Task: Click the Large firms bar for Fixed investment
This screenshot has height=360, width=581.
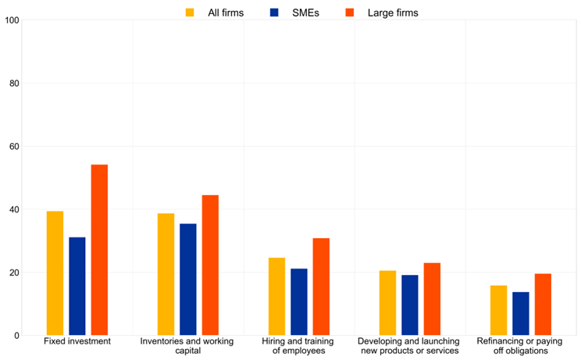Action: coord(99,250)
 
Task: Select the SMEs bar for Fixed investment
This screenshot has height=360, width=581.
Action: coord(77,286)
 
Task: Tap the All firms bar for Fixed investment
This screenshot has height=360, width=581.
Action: coord(55,273)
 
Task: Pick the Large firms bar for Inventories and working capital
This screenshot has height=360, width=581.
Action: coord(210,266)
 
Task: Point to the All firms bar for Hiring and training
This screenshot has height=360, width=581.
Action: coord(277,297)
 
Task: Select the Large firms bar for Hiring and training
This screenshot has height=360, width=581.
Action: coord(321,287)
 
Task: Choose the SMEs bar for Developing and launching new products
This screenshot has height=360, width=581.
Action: coord(410,305)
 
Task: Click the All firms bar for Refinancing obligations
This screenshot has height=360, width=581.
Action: coord(499,311)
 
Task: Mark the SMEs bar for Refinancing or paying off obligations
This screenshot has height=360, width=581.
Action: coord(521,314)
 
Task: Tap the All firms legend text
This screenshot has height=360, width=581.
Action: coord(226,12)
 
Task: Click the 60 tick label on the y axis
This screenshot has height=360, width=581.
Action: coord(13,147)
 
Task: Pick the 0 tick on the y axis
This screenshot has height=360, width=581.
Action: coord(16,336)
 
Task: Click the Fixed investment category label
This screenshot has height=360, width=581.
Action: coord(77,342)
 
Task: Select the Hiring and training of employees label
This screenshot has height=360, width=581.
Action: coord(299,346)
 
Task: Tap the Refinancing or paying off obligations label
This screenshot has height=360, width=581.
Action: coord(521,346)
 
